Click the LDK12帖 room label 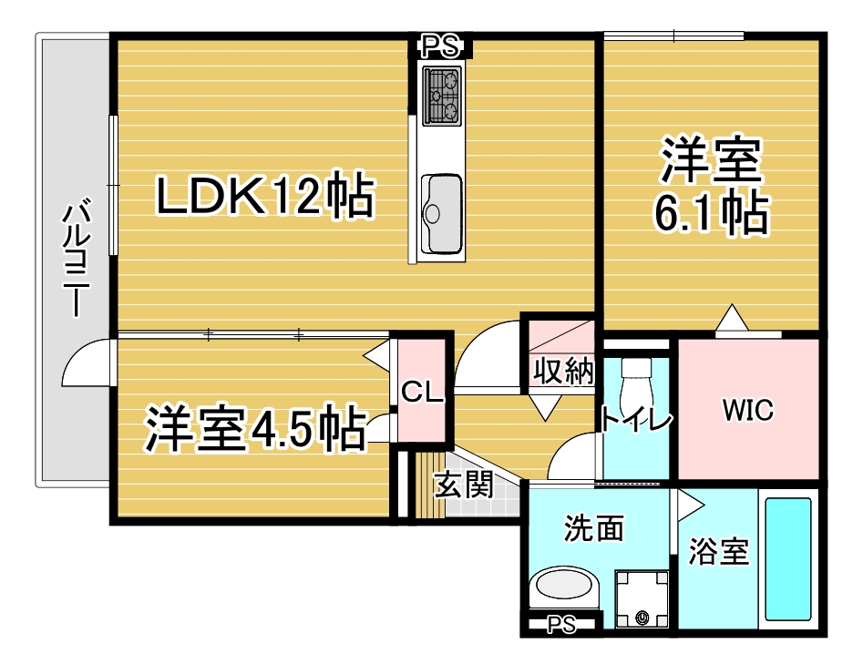coord(265,196)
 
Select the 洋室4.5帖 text coord(255,428)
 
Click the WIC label coord(748,410)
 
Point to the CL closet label coord(422,392)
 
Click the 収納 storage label coord(563,371)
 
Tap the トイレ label coord(636,419)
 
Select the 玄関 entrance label coord(464,485)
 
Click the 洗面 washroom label coord(594,528)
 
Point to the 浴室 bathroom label coord(719,551)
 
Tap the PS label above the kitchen coord(440,46)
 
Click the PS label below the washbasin coord(562,625)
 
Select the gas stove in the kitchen coord(441,97)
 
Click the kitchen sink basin coord(441,214)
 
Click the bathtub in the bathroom coord(788,558)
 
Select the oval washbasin coord(563,585)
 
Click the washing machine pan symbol coord(642,599)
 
